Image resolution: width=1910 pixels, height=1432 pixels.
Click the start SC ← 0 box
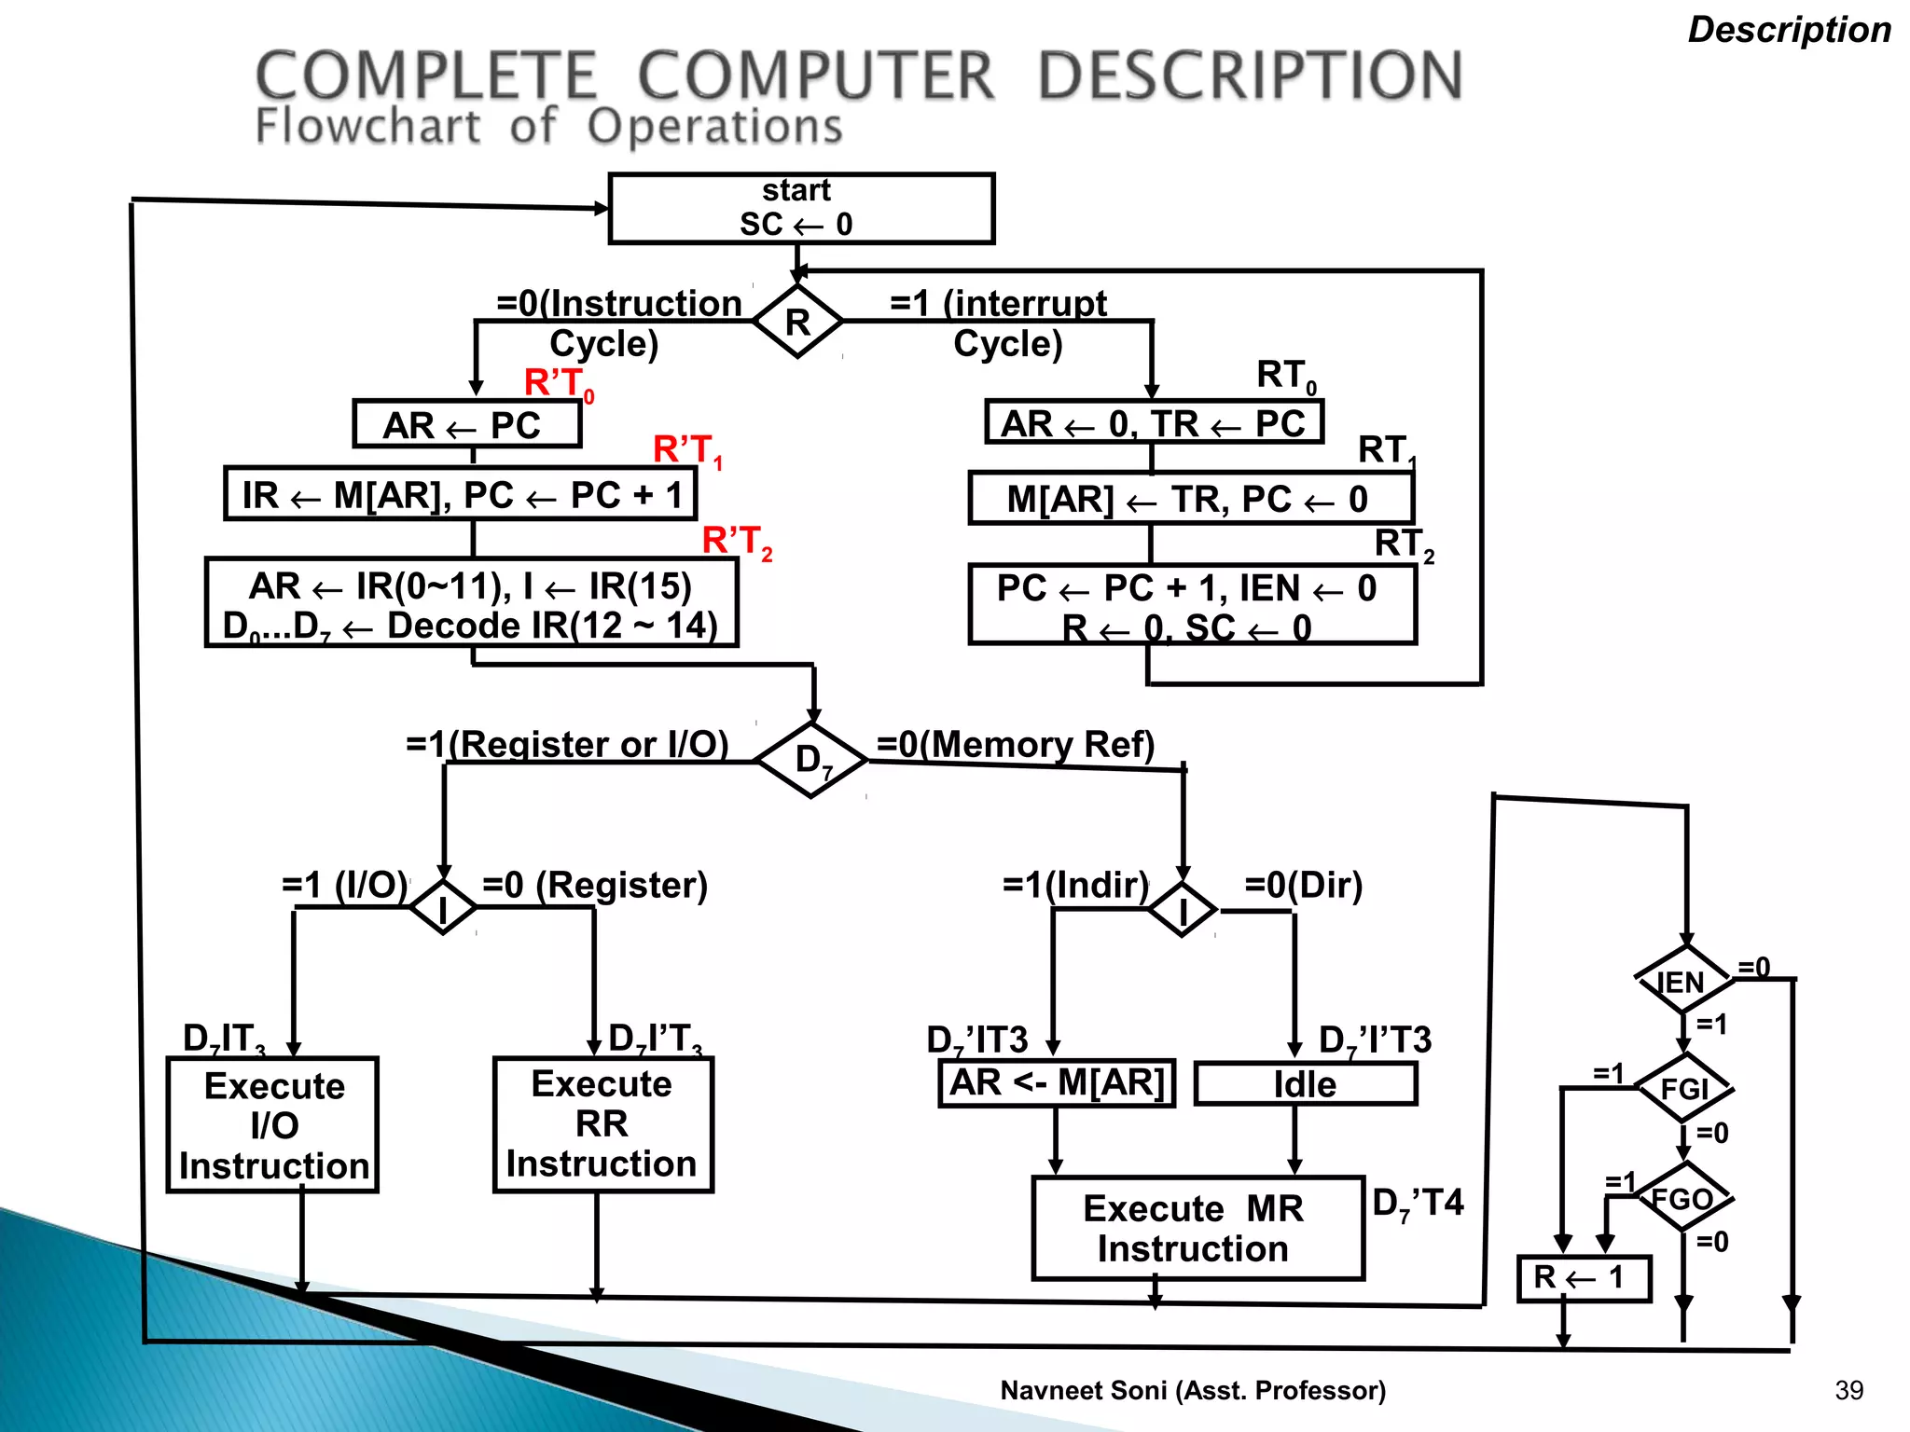click(x=800, y=208)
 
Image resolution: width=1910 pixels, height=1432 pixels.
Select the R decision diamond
click(x=797, y=322)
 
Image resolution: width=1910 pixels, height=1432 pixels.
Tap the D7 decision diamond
click(x=810, y=760)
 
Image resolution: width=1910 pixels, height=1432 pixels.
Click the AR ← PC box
click(x=466, y=425)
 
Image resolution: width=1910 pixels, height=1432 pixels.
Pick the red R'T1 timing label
click(x=687, y=450)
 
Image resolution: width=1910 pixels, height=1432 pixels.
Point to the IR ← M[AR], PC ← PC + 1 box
click(x=461, y=495)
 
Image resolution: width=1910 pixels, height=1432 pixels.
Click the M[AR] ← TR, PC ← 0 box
click(x=1190, y=499)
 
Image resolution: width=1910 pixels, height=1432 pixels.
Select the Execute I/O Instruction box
click(x=272, y=1125)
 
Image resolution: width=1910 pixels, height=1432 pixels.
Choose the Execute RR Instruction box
click(x=602, y=1124)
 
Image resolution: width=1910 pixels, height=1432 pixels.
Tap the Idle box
click(x=1305, y=1084)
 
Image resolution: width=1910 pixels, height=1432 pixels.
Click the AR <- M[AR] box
click(x=1056, y=1083)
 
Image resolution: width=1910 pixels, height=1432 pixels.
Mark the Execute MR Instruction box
click(x=1197, y=1229)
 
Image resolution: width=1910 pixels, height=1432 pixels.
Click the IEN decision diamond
click(x=1683, y=980)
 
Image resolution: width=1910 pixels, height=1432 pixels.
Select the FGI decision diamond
click(x=1684, y=1088)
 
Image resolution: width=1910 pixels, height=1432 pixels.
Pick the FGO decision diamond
click(x=1684, y=1198)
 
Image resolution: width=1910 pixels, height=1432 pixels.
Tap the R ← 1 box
click(x=1583, y=1278)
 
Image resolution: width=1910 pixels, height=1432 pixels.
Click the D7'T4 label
click(x=1418, y=1204)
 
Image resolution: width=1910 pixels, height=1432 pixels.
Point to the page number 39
click(x=1848, y=1390)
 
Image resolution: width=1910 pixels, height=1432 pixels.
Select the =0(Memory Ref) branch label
click(x=1015, y=745)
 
